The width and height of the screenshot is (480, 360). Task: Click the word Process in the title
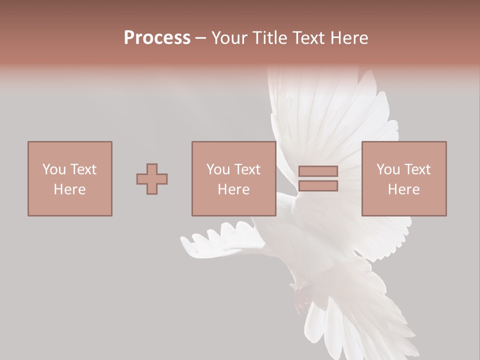pyautogui.click(x=157, y=38)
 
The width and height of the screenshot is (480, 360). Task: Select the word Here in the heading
pyautogui.click(x=349, y=38)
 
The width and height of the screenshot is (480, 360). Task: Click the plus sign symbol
pyautogui.click(x=152, y=178)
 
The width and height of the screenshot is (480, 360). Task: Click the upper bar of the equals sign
pyautogui.click(x=318, y=171)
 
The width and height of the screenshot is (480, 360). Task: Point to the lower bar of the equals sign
pyautogui.click(x=318, y=186)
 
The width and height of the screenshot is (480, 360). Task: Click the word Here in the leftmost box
pyautogui.click(x=69, y=189)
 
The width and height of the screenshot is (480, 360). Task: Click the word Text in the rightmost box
pyautogui.click(x=418, y=169)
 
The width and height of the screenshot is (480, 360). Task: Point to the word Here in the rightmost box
pyautogui.click(x=403, y=189)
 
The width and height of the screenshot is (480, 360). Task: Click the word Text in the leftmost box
pyautogui.click(x=83, y=169)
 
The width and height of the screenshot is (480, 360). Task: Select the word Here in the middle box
pyautogui.click(x=233, y=189)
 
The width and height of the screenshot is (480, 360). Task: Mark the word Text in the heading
pyautogui.click(x=309, y=38)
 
